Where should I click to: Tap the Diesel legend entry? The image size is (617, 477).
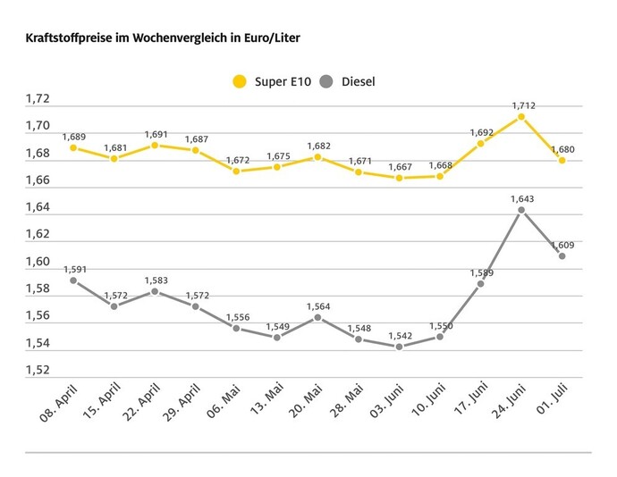tap(349, 82)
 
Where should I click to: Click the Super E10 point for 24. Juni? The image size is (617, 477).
tap(521, 116)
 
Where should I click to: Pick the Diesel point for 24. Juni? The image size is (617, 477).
tap(521, 210)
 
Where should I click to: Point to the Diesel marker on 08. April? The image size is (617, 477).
tap(73, 280)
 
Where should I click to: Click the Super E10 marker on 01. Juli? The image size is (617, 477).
tap(562, 160)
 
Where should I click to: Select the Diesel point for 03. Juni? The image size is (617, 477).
tap(399, 347)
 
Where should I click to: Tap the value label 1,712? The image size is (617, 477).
tap(523, 105)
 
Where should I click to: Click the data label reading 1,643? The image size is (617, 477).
tap(523, 197)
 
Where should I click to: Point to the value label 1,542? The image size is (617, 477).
tap(399, 335)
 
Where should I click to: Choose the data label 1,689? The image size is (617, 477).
tap(73, 137)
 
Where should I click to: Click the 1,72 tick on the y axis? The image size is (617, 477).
tap(38, 99)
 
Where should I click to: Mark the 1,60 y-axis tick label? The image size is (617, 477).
tap(38, 262)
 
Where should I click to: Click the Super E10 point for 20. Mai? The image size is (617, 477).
tap(317, 157)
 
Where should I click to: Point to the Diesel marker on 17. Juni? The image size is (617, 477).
tap(480, 283)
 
